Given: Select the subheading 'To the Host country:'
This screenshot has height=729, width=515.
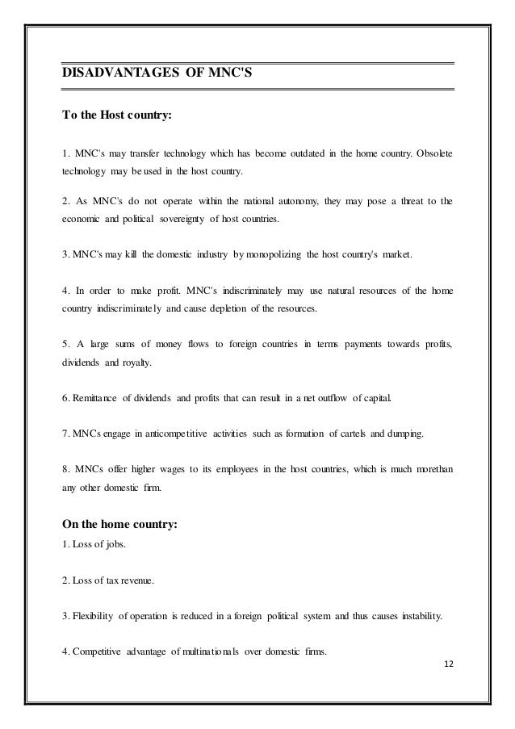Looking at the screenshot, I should [x=116, y=114].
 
